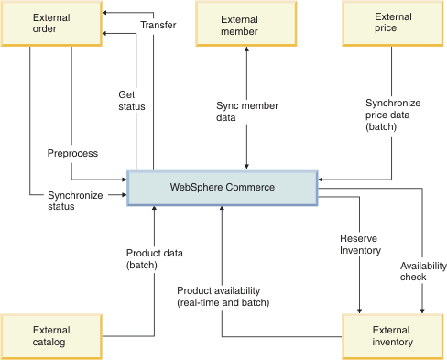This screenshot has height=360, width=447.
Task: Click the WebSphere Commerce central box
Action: point(222,187)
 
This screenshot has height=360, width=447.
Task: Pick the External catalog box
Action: point(49,336)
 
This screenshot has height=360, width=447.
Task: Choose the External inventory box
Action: point(392,336)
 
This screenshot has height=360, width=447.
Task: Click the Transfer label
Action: point(158,25)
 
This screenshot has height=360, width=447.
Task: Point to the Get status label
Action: point(133,101)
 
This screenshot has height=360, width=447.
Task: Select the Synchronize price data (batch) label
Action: point(392,115)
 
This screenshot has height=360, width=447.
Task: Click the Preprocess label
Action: point(72,153)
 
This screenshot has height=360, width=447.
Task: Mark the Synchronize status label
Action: point(75,201)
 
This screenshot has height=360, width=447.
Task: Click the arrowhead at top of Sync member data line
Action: point(245,50)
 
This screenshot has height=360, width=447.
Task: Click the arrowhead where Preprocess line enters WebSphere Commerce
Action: point(122,179)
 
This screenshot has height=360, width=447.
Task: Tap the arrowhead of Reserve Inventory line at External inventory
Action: point(360,309)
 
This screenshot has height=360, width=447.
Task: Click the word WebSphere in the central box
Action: point(196,187)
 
